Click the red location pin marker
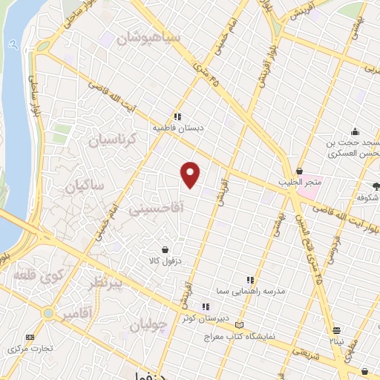click(191, 174)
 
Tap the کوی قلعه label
click(39, 278)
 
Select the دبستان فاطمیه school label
click(178, 128)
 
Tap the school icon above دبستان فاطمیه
click(177, 116)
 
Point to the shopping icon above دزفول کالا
click(165, 250)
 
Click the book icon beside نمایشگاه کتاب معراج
click(238, 325)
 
